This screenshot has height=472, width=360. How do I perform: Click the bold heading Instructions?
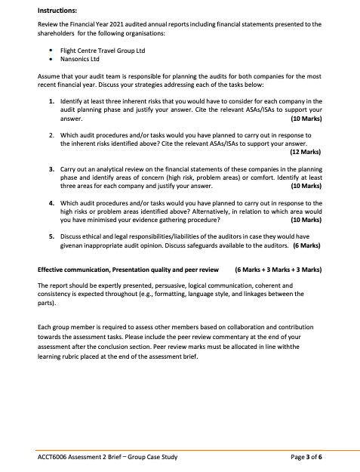tap(58, 12)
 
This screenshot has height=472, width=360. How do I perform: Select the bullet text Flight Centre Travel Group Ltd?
tap(103, 51)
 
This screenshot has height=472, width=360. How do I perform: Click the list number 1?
tap(51, 100)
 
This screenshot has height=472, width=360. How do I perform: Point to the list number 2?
tap(51, 134)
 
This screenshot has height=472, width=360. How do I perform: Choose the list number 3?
tap(51, 169)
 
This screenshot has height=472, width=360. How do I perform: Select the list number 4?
tap(51, 203)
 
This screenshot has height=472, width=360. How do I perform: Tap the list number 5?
tap(51, 237)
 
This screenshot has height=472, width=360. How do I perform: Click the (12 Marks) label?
tap(305, 152)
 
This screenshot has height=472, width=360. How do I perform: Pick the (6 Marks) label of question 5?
tap(306, 245)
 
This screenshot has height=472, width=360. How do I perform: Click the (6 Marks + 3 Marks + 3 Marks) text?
tap(278, 269)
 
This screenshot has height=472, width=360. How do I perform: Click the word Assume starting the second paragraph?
tap(48, 76)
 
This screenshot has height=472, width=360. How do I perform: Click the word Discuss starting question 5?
tap(72, 237)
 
